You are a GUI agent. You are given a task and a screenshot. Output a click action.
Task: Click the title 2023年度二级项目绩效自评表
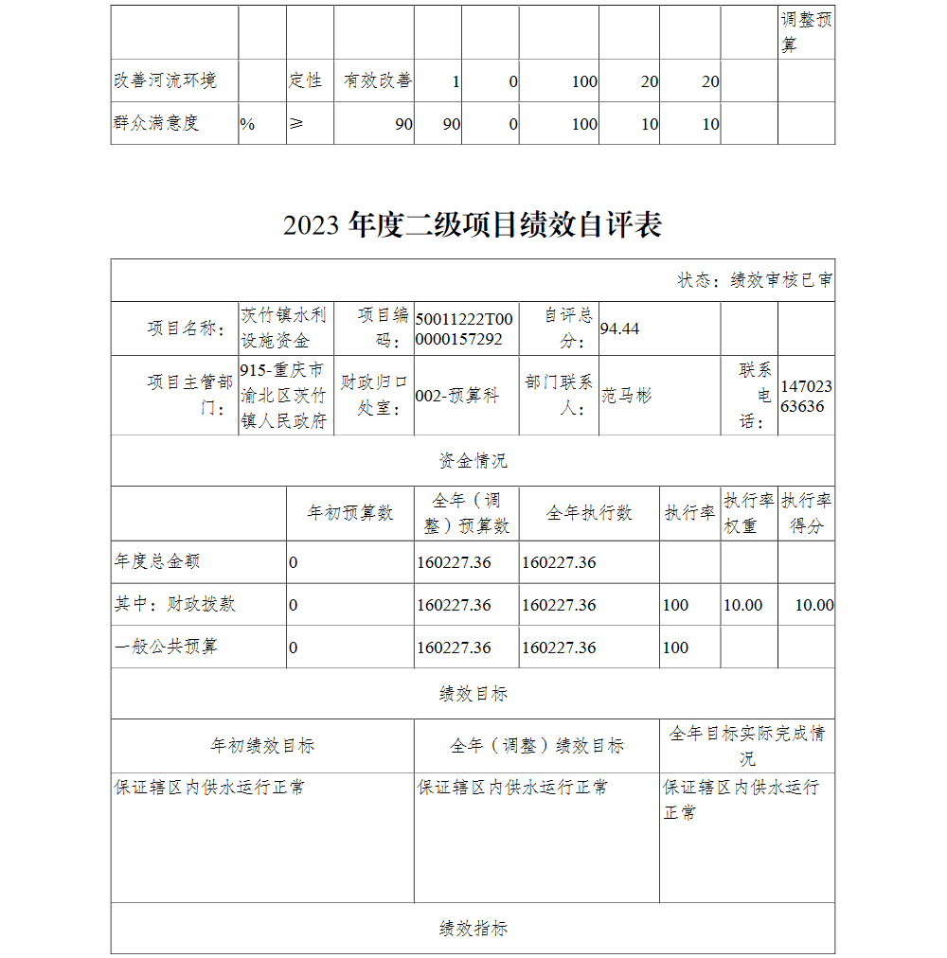(472, 225)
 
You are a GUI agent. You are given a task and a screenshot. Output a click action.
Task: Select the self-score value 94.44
(620, 328)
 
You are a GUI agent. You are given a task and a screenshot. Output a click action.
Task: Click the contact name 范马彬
(627, 396)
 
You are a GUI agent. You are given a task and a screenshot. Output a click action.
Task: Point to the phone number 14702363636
(806, 397)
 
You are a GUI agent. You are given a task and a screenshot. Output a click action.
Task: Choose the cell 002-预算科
(456, 397)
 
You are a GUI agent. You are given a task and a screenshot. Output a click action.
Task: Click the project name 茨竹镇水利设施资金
(284, 328)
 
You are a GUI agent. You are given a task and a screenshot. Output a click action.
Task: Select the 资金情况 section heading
(473, 461)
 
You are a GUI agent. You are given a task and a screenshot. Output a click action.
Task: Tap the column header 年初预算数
(349, 513)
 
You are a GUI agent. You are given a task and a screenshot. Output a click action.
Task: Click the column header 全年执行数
(588, 513)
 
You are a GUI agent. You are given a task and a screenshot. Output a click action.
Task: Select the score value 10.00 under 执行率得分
(813, 605)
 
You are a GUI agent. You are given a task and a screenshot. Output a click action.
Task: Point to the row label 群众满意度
(156, 123)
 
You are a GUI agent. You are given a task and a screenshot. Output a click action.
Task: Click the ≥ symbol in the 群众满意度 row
(296, 123)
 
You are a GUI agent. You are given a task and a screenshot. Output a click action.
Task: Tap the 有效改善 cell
(377, 80)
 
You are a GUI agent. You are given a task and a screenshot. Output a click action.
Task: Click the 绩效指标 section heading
(473, 929)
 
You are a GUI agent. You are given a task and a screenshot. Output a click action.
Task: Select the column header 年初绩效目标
(261, 746)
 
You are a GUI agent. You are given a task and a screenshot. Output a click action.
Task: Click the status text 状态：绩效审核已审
(755, 280)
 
